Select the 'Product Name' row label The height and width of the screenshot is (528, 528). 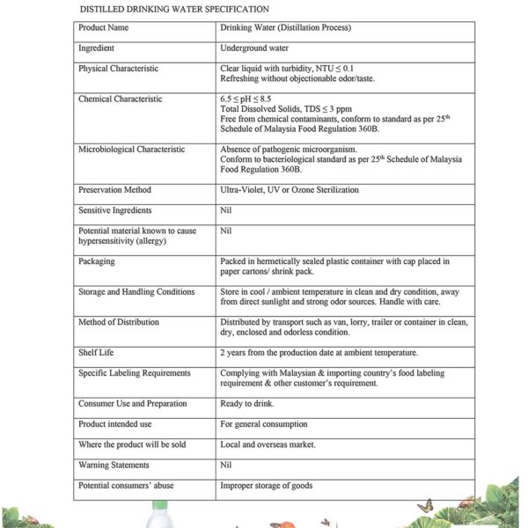point(105,28)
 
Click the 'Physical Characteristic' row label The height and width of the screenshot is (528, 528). point(118,68)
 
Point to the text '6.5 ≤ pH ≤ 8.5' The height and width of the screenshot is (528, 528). point(246,99)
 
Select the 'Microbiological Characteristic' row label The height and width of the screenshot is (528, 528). point(131,150)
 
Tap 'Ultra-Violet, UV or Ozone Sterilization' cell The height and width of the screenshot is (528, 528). point(290,190)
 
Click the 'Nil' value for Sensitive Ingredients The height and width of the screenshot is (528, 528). point(226,210)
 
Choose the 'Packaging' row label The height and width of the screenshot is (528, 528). point(97,261)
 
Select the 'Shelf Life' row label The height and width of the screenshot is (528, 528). point(95,353)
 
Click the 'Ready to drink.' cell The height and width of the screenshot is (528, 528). point(247,404)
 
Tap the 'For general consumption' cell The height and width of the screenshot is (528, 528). point(264,424)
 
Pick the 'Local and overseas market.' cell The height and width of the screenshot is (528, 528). point(268,444)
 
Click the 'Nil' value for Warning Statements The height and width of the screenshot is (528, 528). point(226,465)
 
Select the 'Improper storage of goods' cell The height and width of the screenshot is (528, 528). point(266,485)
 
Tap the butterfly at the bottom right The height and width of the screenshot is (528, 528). point(429,506)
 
